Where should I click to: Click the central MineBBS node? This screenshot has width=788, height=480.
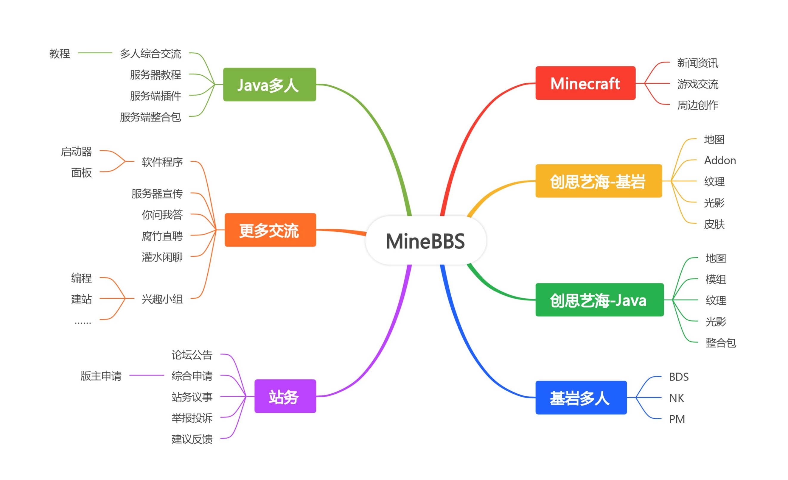(425, 241)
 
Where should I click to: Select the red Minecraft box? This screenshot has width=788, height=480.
(585, 83)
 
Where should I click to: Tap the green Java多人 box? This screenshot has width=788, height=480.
(269, 85)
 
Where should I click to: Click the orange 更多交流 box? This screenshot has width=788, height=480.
(270, 230)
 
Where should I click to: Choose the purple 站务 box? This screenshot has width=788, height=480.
(285, 396)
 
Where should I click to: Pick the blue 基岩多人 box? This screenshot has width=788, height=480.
(581, 398)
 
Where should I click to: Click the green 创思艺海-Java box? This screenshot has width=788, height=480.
(599, 300)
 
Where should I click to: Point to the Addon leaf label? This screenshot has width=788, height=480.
(719, 160)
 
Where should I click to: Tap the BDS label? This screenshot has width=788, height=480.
(679, 377)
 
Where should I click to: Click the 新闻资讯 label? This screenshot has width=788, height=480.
(697, 63)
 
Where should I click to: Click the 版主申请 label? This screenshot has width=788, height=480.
(101, 375)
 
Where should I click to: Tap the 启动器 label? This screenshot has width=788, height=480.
(77, 151)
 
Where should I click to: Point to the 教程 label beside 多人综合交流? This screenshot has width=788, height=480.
(60, 53)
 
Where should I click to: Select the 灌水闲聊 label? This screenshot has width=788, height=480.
(162, 257)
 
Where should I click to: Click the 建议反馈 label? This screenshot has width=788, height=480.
(192, 439)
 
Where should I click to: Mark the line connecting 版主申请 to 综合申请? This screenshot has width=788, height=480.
(147, 375)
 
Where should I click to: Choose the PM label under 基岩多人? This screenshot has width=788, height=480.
(677, 419)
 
